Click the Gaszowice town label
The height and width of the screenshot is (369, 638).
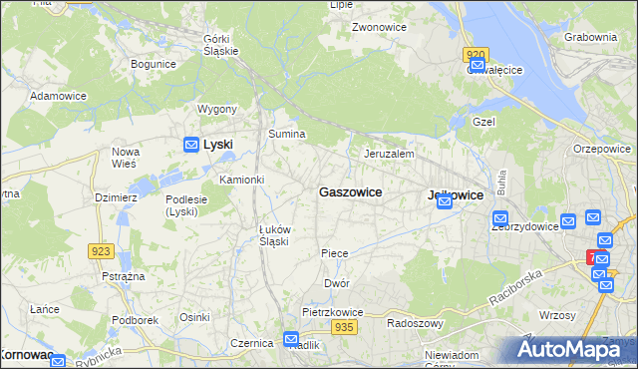tap(349, 191)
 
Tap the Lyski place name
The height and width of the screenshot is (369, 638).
tap(217, 145)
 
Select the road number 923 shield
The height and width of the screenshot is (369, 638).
tap(100, 252)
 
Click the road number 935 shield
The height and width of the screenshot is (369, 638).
tap(345, 327)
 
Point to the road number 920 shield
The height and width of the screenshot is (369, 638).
tap(476, 56)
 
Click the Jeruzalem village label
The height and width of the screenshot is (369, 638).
tap(389, 155)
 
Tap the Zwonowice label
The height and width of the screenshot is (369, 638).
tap(378, 28)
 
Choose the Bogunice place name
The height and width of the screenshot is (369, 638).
tap(154, 64)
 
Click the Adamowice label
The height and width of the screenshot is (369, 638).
tap(59, 96)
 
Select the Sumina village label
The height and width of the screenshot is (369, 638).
tap(286, 134)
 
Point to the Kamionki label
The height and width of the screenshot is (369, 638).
tap(241, 180)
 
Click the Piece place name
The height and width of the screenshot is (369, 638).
tap(335, 253)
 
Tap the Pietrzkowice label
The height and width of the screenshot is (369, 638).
tap(332, 312)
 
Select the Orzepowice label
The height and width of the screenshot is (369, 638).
tap(602, 149)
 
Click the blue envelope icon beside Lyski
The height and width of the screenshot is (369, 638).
tap(190, 146)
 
